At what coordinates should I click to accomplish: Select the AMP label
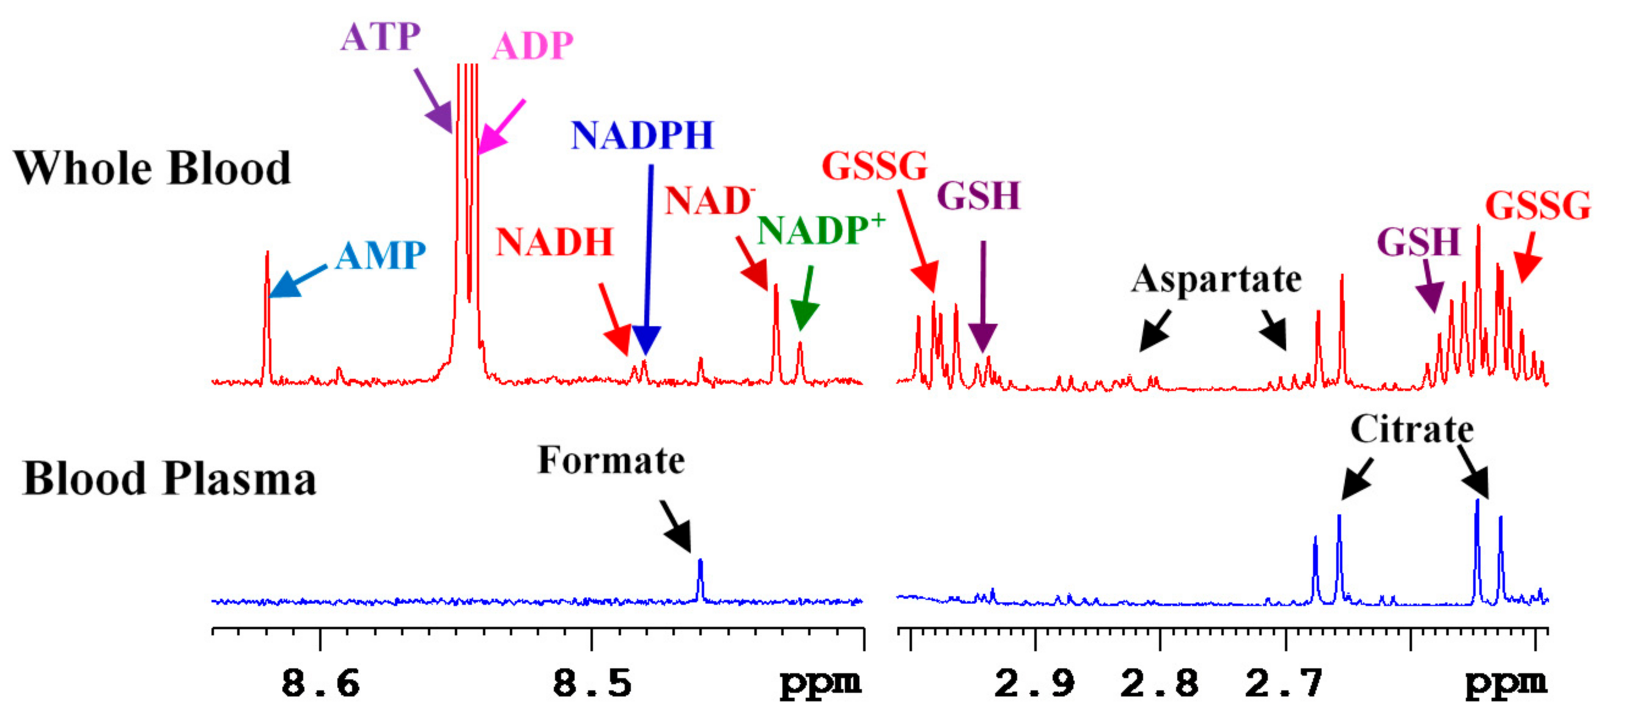click(380, 255)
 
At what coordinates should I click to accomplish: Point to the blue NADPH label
click(642, 135)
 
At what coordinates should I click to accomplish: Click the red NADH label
click(554, 241)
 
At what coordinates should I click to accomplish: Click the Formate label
click(611, 460)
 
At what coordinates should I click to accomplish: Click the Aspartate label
click(1216, 279)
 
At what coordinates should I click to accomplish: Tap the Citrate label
click(1411, 429)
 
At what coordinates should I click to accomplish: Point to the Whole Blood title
click(152, 169)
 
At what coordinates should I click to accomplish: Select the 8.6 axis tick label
click(320, 684)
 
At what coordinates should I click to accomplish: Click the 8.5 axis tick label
click(592, 684)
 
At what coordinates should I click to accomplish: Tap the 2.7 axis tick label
click(1284, 684)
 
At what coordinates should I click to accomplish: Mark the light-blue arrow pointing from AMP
click(297, 282)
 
